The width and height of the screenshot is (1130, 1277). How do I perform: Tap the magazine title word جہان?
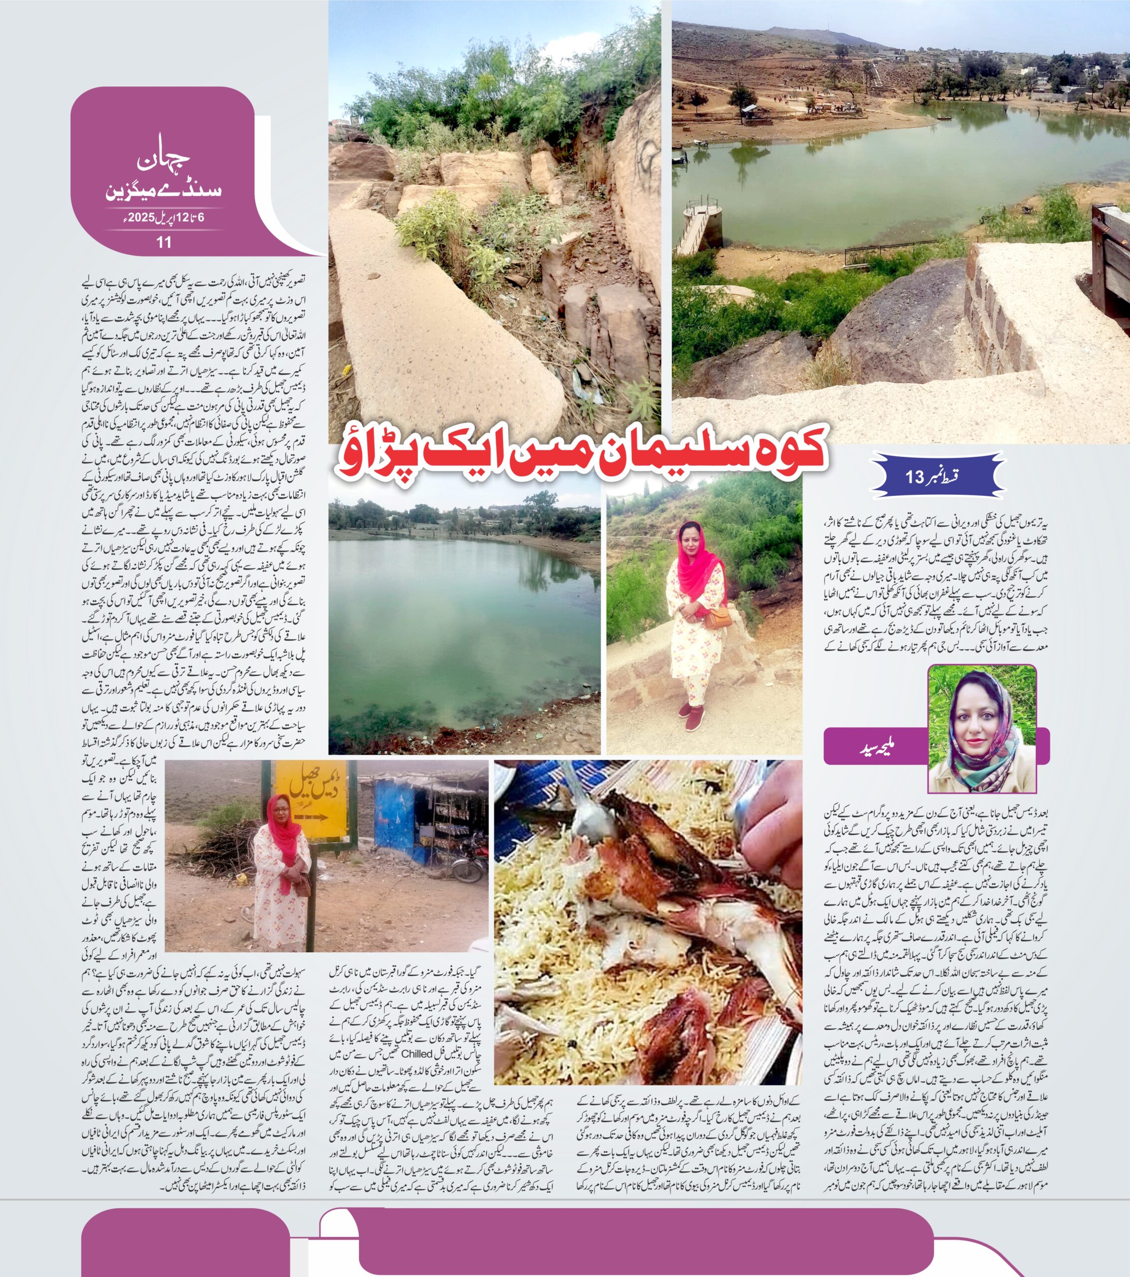click(163, 163)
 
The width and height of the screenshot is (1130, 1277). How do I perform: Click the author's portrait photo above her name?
click(982, 728)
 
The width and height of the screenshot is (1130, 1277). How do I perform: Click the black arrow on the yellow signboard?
click(311, 817)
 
